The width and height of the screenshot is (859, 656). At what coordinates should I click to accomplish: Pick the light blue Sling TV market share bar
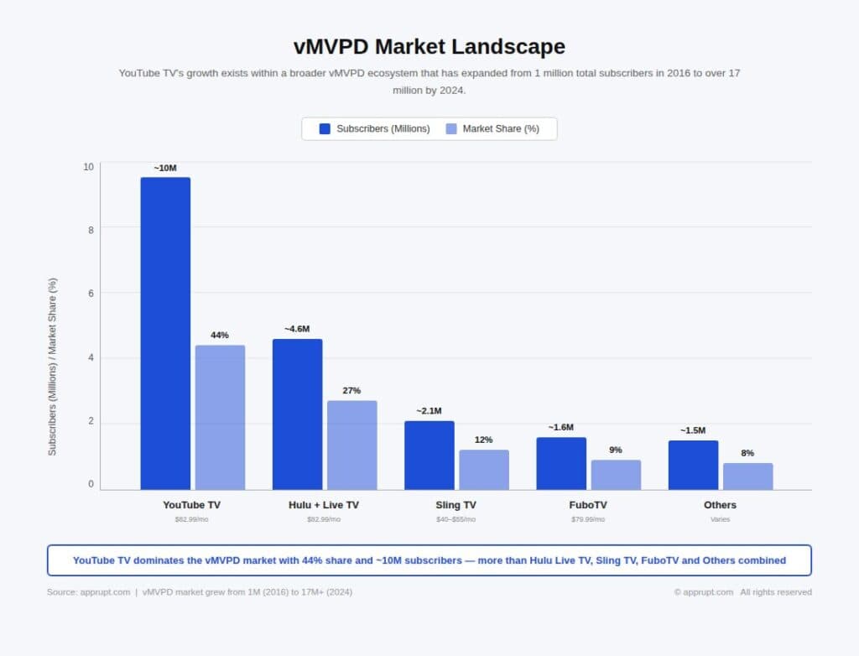point(483,470)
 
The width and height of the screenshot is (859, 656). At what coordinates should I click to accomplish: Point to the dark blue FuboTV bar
point(561,463)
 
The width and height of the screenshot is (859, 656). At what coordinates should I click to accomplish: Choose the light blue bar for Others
point(747,476)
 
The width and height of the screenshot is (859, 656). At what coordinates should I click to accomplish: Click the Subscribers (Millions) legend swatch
point(325,128)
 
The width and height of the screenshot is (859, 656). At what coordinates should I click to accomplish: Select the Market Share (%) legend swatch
point(451,128)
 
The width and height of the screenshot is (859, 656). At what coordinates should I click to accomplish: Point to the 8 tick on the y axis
point(89,229)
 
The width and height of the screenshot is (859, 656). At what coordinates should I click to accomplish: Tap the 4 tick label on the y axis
point(89,358)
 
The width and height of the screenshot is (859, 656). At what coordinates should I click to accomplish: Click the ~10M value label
point(165,168)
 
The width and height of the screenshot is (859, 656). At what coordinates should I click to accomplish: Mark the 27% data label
point(351,391)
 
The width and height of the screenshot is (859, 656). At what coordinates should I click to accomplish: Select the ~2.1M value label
point(429,411)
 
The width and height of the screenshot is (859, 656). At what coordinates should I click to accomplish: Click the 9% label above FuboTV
point(616,450)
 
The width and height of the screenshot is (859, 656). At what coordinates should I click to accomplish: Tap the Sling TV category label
point(456,505)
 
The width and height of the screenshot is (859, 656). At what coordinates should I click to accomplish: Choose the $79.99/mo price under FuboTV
point(588,519)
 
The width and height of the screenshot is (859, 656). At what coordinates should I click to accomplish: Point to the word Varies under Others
point(720,519)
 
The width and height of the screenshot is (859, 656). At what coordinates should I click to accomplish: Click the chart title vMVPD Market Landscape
point(429,46)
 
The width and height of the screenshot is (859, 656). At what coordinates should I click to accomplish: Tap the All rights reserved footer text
point(776,592)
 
